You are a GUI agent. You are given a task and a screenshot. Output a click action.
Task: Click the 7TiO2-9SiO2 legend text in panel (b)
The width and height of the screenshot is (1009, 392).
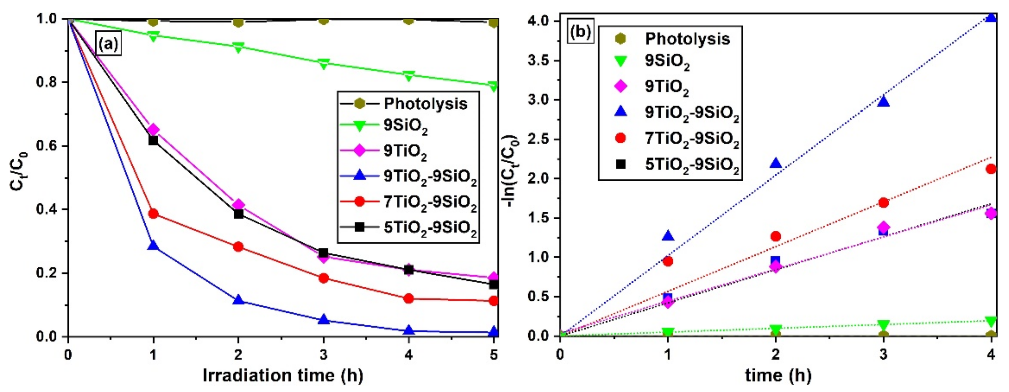(692, 139)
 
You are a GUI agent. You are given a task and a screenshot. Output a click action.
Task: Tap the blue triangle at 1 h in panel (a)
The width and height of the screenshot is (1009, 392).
(153, 246)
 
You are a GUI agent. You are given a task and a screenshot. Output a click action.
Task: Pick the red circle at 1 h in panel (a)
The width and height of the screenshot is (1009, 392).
(153, 214)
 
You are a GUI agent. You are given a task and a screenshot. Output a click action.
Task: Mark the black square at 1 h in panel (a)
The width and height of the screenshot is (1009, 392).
(153, 140)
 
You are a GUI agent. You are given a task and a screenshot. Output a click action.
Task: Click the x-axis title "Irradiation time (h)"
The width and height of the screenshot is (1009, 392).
(283, 376)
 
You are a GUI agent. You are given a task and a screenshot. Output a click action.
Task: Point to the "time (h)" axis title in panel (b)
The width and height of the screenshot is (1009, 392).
(778, 376)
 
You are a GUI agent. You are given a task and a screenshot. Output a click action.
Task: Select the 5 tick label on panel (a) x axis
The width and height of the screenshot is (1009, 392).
(493, 355)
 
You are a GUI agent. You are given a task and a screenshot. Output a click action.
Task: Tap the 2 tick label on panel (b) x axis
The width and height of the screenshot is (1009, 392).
(776, 355)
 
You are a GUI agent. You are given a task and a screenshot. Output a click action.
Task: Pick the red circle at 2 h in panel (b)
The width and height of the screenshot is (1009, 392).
(776, 236)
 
